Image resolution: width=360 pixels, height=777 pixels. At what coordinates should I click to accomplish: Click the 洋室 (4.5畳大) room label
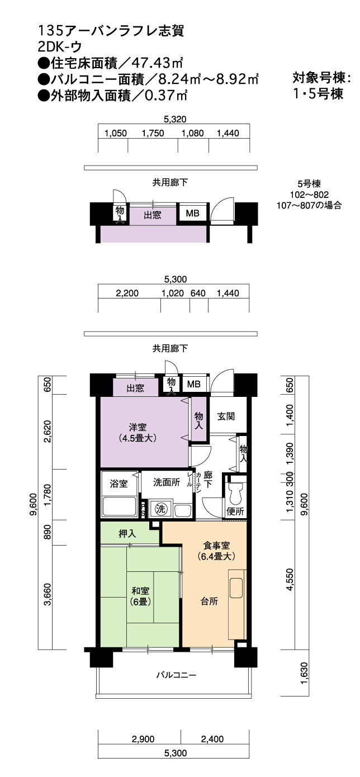pos(138,433)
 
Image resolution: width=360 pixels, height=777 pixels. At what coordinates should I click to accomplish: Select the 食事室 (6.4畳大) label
pos(216,551)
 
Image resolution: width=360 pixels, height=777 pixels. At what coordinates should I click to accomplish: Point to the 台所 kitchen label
pos(209,601)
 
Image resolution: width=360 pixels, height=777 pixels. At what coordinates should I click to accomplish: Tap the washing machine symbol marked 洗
pos(160,509)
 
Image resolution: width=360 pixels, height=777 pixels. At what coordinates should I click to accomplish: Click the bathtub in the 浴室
pos(119,506)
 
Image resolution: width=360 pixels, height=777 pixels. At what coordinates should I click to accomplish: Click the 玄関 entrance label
pos(226,416)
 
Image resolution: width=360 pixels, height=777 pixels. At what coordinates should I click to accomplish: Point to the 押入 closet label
pos(127,533)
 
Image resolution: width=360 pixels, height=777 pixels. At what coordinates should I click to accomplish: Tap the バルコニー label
pos(176,675)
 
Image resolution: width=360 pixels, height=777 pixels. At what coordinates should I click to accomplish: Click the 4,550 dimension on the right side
pos(290,579)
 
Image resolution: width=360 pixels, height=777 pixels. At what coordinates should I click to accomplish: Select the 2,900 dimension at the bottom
pos(143,739)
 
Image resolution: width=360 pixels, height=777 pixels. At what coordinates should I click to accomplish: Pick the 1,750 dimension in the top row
pos(153,133)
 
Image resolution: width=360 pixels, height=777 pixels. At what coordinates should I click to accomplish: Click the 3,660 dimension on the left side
pos(47,595)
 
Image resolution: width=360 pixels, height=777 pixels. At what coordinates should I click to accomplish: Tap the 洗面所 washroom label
pos(167,482)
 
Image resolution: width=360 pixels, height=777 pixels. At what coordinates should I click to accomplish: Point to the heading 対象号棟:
pos(321,78)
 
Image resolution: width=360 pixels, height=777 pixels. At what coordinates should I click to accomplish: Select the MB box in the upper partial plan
pos(192,213)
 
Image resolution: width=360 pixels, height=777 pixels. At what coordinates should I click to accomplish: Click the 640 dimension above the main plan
pos(198,293)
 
